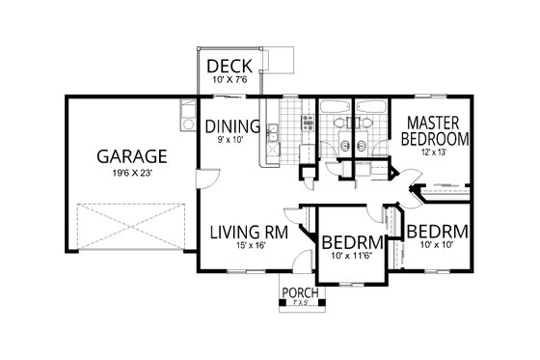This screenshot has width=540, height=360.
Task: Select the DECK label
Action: [x=229, y=66]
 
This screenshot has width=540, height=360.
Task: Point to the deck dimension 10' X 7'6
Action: [x=229, y=80]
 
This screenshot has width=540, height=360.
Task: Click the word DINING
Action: [x=231, y=125]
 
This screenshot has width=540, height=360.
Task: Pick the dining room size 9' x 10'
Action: [x=231, y=140]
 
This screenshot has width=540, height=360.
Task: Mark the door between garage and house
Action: [x=200, y=175]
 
